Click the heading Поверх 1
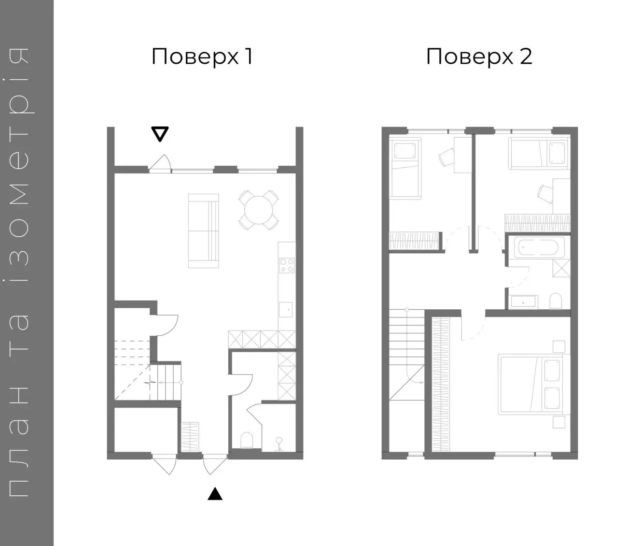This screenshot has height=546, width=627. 202,57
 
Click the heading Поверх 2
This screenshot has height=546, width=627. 479,57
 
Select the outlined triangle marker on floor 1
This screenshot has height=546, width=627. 160,134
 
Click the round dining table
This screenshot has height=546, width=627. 259,210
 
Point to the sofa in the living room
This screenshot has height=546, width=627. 204,230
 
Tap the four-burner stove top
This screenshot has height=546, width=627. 287,266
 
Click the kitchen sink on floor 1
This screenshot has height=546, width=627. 286,310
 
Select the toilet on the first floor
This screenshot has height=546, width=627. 246,441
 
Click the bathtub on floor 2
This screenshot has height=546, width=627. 539,247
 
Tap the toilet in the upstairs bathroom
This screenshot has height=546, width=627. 555,302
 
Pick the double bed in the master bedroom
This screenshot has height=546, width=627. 534,384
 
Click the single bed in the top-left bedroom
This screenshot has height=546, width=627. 405,168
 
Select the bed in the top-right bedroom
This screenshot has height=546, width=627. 539,153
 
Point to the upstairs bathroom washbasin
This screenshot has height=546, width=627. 523,302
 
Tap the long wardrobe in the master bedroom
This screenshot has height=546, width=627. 440,385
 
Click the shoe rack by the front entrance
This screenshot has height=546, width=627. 190,437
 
